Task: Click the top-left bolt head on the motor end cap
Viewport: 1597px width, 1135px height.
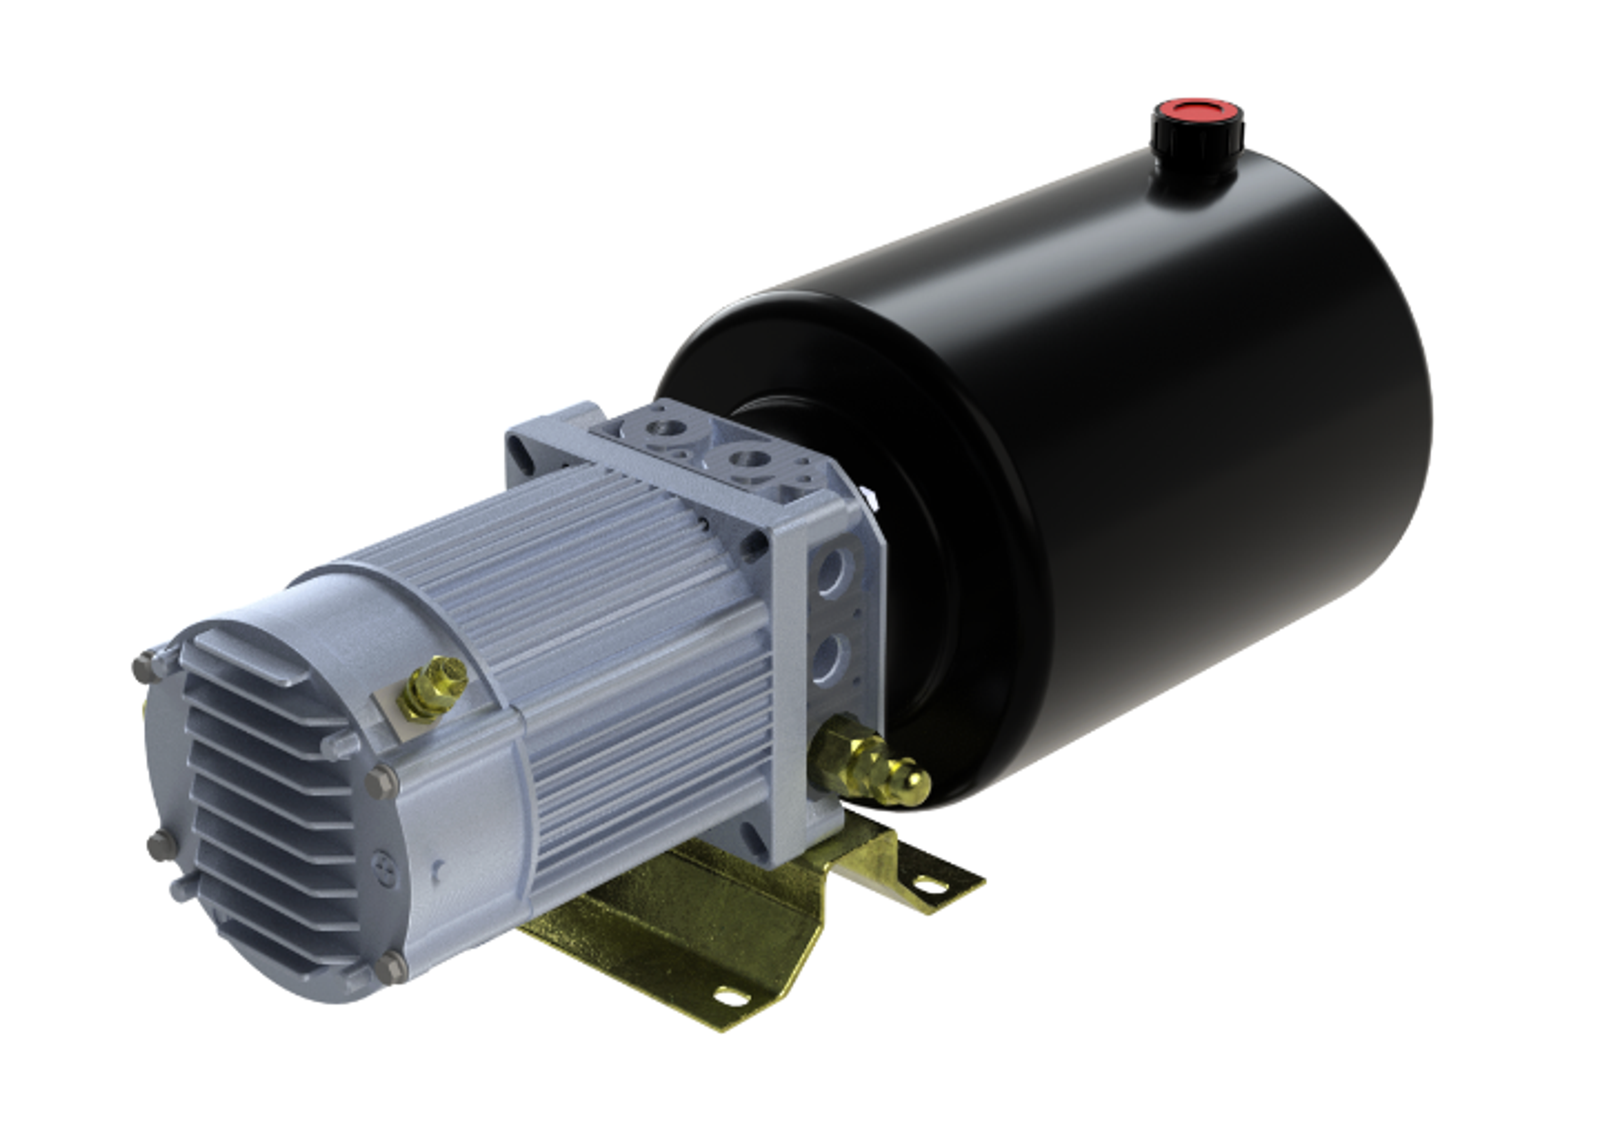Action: point(143,666)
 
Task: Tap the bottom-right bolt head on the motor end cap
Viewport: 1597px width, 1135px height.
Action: point(391,967)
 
